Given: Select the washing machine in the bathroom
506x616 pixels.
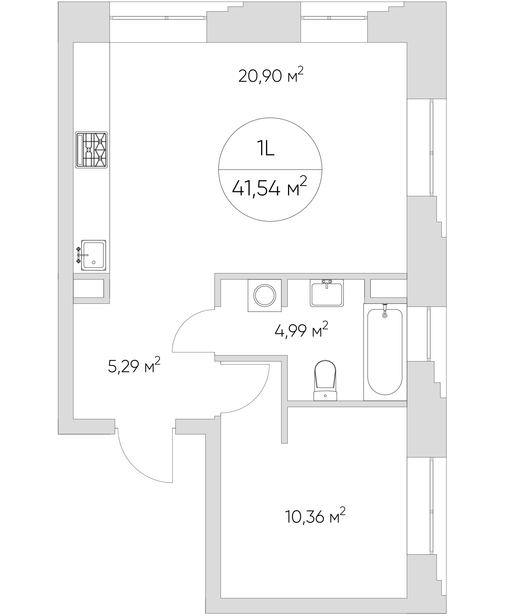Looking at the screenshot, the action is tap(265, 296).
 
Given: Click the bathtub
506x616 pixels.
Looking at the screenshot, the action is tap(385, 352).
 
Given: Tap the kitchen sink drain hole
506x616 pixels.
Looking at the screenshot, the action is tap(93, 262).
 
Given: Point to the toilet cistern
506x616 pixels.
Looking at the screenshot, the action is tap(325, 396).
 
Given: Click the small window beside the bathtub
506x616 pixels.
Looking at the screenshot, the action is tap(428, 334).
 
